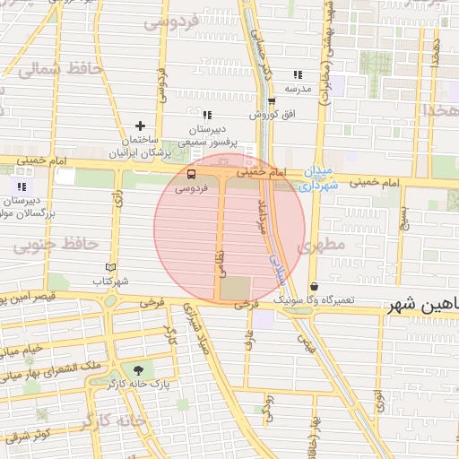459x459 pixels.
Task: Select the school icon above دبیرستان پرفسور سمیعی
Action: click(207, 115)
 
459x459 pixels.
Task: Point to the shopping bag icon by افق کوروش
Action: click(272, 101)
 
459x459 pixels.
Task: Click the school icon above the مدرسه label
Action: click(298, 75)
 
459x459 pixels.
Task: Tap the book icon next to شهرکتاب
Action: click(110, 267)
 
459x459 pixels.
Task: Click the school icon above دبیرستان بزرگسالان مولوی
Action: click(21, 186)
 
